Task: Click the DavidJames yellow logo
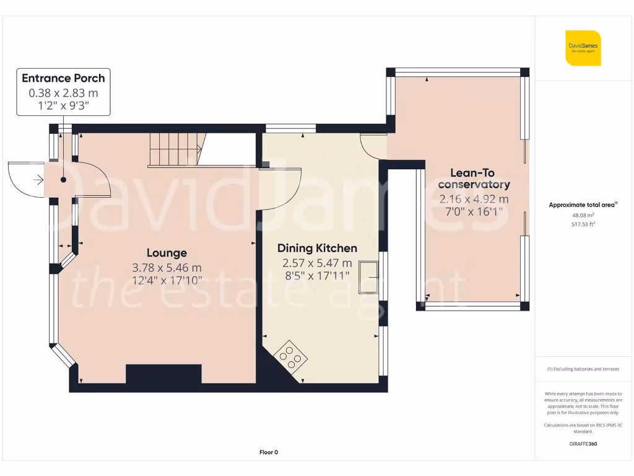583,48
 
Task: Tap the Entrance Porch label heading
63,78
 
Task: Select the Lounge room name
167,253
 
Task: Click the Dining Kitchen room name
317,249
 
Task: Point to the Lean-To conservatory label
474,179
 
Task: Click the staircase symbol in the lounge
176,150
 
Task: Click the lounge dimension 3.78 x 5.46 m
167,268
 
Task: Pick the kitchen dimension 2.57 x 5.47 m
317,263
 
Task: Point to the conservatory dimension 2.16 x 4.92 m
474,199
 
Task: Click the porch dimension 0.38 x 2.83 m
63,93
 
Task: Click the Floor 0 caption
268,452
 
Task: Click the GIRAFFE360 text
583,444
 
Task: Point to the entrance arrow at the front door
38,180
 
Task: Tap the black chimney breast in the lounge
163,374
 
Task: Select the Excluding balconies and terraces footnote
583,369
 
